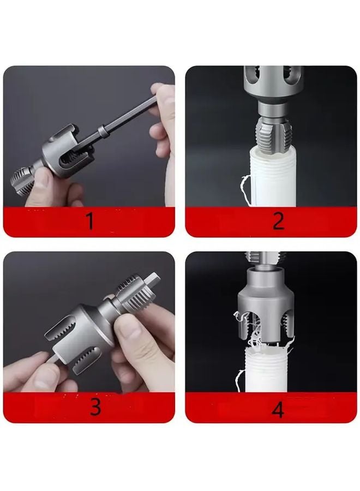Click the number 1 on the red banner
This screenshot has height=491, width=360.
click(89, 221)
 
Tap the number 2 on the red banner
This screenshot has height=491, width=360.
click(278, 221)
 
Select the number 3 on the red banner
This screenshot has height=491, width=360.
click(95, 407)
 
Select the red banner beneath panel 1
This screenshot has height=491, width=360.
click(44, 222)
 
